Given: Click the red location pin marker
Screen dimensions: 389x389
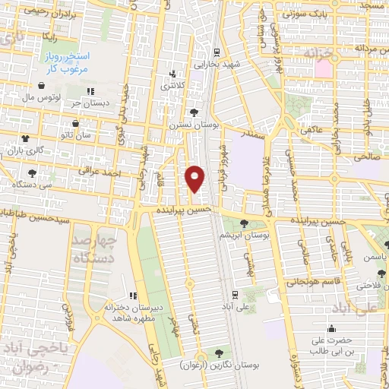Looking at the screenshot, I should [x=195, y=178].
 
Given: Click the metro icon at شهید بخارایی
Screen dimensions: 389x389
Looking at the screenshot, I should [x=217, y=52].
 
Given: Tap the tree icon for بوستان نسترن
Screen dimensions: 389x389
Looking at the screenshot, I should [x=196, y=111].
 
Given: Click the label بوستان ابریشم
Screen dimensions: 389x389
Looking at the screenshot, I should [x=245, y=237].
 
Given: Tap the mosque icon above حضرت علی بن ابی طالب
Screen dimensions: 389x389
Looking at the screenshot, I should [x=332, y=329].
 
